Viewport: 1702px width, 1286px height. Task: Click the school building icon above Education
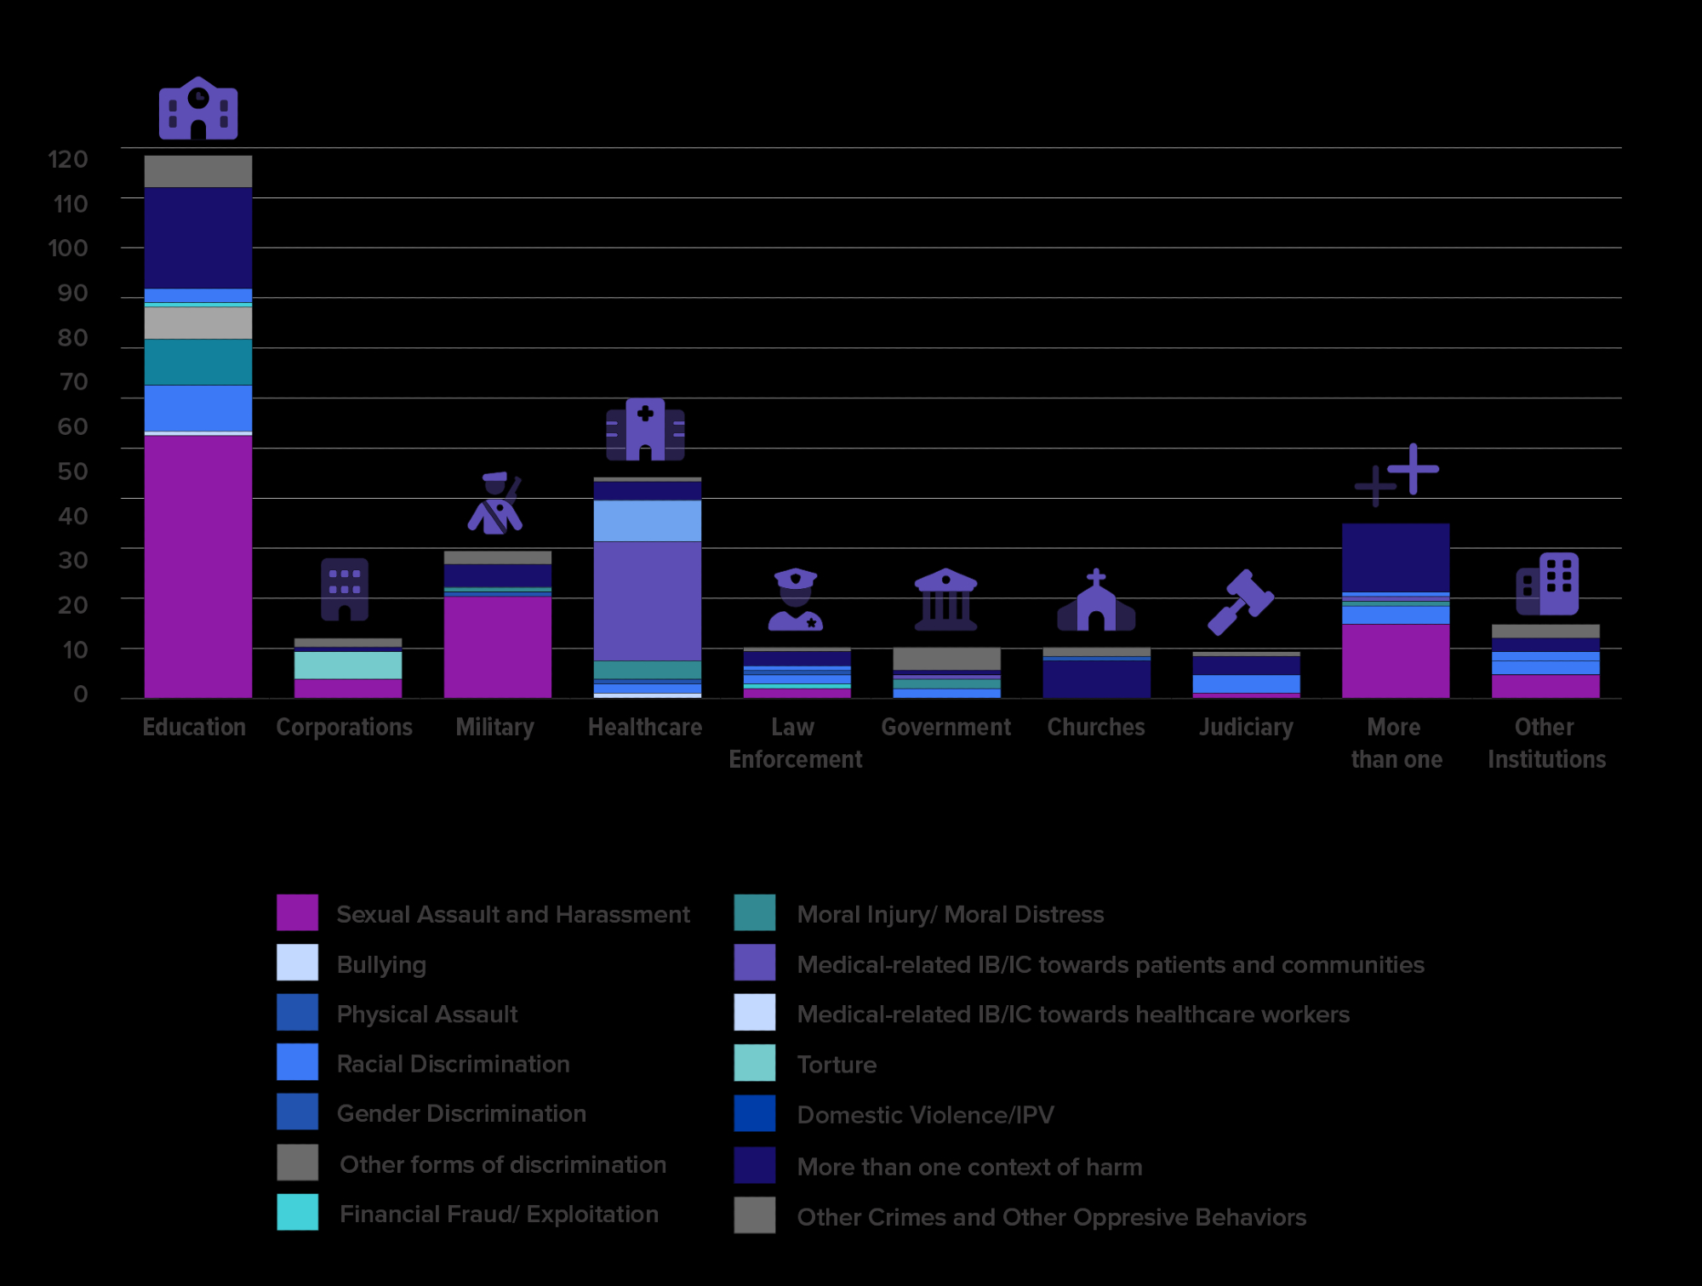[198, 108]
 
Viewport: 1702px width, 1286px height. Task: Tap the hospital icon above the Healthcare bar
[645, 430]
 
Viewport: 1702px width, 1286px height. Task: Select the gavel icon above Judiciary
[1241, 603]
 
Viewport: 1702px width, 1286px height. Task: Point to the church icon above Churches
[1096, 601]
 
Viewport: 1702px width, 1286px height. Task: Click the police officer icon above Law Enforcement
[795, 600]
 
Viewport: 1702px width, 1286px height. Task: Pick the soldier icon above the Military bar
[495, 504]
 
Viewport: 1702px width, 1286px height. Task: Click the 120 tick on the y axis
[68, 159]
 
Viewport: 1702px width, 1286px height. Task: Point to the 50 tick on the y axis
[72, 472]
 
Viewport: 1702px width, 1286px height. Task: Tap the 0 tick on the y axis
[80, 694]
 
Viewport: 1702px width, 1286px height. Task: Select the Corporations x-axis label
[344, 728]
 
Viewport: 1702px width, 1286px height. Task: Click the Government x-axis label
[945, 728]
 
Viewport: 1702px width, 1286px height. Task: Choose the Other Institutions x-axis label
[1546, 743]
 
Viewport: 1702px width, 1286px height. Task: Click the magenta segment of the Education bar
[198, 566]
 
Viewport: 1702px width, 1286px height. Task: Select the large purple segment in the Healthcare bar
[647, 601]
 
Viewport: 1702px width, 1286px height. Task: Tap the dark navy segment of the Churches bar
[1096, 679]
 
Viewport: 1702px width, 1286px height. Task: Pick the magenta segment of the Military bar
[497, 647]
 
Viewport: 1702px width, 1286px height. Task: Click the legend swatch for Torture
[755, 1063]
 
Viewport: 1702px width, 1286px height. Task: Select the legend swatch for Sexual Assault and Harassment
[298, 913]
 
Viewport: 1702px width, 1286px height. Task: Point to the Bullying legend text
[381, 964]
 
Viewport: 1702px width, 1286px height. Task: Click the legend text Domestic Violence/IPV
[925, 1115]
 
